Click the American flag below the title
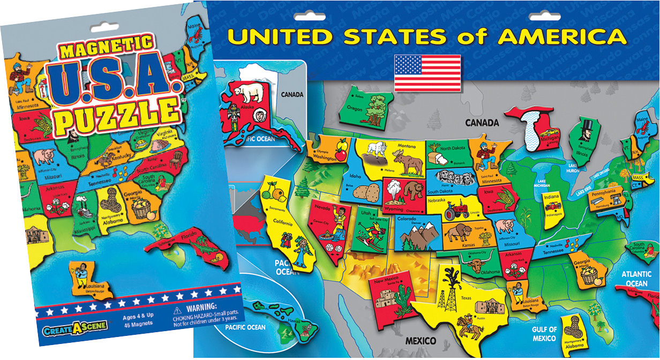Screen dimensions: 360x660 tap(427, 72)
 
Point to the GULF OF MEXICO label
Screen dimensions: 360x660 tap(544, 334)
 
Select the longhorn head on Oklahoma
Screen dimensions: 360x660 tap(475, 265)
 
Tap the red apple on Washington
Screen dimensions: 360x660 tap(339, 155)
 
